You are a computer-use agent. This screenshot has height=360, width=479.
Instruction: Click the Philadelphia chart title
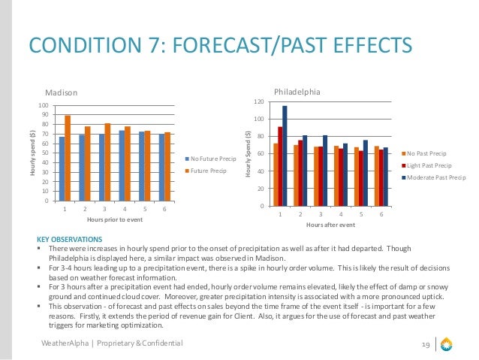click(x=297, y=91)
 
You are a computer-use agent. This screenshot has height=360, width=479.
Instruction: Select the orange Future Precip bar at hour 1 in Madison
click(x=68, y=158)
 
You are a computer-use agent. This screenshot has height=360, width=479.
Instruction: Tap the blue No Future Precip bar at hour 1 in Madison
click(x=62, y=168)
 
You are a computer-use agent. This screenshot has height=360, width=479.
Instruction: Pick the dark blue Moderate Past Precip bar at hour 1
click(x=285, y=156)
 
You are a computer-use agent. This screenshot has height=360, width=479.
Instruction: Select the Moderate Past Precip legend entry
click(x=435, y=178)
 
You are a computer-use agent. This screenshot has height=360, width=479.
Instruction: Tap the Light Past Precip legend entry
click(x=430, y=165)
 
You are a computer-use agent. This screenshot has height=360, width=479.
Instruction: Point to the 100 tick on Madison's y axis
click(x=44, y=105)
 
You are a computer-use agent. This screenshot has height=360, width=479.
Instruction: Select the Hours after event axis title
click(x=330, y=225)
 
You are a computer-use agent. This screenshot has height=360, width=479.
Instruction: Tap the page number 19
click(x=425, y=344)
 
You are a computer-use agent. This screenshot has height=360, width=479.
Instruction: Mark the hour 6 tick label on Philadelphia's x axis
click(x=381, y=215)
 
